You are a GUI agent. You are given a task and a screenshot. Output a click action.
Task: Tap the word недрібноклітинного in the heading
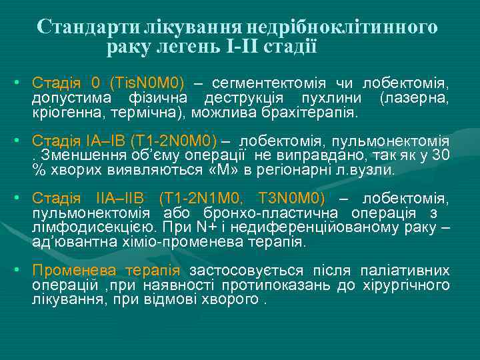pos(343,27)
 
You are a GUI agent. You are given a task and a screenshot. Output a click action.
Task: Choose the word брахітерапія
pos(315,113)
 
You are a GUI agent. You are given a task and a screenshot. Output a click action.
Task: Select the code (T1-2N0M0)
pos(174,141)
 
